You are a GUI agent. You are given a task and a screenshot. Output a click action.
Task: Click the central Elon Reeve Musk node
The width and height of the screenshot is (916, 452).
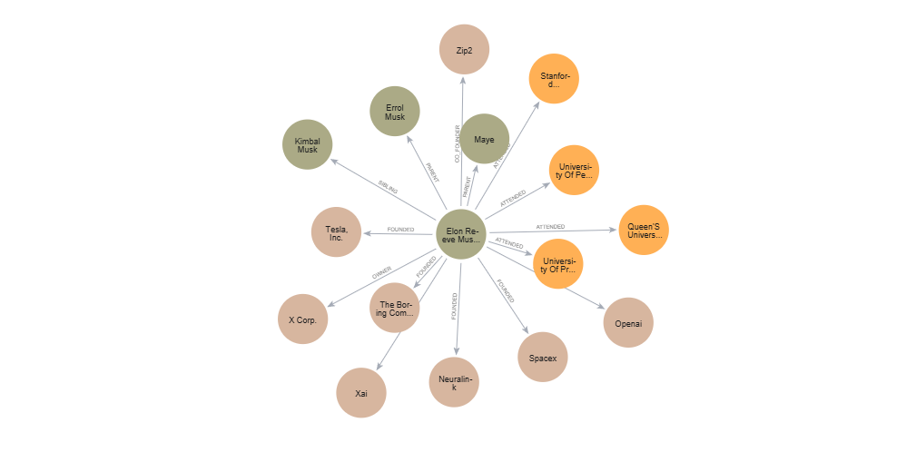coord(461,234)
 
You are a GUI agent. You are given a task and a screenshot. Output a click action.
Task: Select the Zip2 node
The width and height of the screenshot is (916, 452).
coord(464,50)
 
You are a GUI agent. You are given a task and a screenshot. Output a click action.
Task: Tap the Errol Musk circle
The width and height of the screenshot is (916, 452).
coord(395,112)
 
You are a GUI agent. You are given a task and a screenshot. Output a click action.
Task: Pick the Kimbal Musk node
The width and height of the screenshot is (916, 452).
coord(308,144)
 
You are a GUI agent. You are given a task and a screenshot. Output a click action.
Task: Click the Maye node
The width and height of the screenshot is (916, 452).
coord(484,139)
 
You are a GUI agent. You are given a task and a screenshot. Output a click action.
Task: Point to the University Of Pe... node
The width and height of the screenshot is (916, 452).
coord(574,170)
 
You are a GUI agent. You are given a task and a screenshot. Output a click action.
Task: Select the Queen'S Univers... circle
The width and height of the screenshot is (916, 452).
coord(643,230)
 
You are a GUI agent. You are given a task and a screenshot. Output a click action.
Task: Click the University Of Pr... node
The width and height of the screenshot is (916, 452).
coord(557,263)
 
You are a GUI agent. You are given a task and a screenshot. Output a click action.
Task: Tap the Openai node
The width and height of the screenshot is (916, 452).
coord(628,322)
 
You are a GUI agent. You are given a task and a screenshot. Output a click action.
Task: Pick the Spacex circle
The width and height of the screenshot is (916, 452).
coord(543,358)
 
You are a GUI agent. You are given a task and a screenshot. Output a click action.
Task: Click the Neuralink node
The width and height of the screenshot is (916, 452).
coord(454,382)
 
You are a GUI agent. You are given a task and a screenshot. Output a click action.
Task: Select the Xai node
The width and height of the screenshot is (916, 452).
coord(361,393)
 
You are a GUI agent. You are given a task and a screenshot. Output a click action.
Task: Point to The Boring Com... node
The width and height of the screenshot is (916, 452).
coord(395,308)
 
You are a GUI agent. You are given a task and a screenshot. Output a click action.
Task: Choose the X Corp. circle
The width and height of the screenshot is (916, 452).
coord(302,319)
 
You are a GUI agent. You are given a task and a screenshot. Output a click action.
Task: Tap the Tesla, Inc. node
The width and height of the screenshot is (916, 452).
coord(336,232)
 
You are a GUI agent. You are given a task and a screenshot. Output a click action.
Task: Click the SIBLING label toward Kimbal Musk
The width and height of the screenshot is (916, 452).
coord(388,187)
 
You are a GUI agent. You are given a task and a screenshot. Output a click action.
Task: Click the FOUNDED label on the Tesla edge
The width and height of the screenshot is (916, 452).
coord(400,230)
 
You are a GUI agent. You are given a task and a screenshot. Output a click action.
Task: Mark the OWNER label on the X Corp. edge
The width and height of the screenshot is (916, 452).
coord(381,271)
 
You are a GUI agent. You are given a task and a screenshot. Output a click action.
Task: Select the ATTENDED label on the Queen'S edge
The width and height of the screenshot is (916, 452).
coord(550,226)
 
